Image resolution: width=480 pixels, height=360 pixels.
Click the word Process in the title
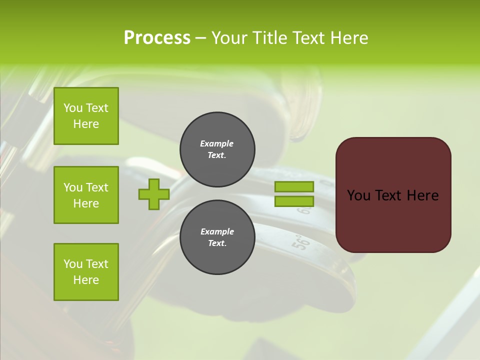pos(157,38)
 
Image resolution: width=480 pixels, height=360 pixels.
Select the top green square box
pos(86,116)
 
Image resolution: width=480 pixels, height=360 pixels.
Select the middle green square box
pos(86,195)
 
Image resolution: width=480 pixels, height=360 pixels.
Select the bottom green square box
pos(86,272)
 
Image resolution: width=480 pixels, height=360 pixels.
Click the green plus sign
pos(154,194)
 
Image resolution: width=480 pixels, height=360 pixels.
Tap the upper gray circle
pos(217,149)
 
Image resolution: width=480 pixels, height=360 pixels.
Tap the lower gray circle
pos(217,237)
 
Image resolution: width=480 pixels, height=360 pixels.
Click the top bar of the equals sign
pos(294,187)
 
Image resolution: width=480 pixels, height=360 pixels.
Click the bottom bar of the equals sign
pos(294,201)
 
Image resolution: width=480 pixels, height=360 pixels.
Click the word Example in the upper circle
pos(217,143)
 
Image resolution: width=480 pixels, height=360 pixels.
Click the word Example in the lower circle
pos(217,231)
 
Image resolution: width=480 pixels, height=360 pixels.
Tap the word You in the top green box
pos(73,108)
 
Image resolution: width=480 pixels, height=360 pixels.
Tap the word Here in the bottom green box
pos(86,280)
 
